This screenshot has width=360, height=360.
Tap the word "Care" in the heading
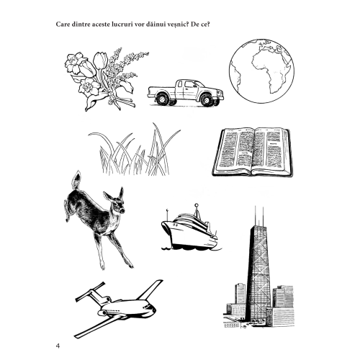63,24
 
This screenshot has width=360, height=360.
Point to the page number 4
58,346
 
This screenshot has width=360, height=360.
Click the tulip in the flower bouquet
98,60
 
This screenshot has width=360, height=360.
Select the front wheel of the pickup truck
206,100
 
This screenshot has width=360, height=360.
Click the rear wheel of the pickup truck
162,99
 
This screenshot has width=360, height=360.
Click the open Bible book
253,152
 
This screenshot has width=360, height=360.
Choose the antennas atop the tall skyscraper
259,215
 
